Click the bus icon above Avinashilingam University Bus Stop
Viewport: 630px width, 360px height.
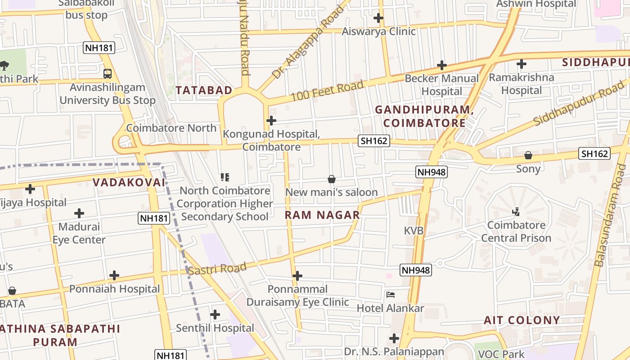tap(107, 73)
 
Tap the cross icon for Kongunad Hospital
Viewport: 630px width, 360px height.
tap(271, 121)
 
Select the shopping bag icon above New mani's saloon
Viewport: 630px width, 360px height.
tap(332, 179)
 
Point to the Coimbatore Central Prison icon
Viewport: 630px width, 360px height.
tap(516, 211)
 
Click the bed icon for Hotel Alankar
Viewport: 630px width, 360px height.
tap(391, 295)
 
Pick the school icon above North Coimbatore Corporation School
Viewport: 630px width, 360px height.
tap(225, 177)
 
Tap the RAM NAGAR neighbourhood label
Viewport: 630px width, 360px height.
tap(322, 215)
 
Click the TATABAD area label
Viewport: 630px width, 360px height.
tap(204, 90)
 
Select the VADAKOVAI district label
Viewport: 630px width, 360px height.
tap(129, 182)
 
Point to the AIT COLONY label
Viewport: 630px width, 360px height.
tap(522, 320)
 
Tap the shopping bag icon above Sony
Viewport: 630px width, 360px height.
tap(528, 156)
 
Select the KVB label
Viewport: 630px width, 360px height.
tap(414, 231)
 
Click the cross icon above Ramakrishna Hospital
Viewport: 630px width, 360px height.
tap(522, 64)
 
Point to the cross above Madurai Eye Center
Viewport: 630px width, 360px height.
tap(79, 213)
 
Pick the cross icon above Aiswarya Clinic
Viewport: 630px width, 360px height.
tap(378, 18)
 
